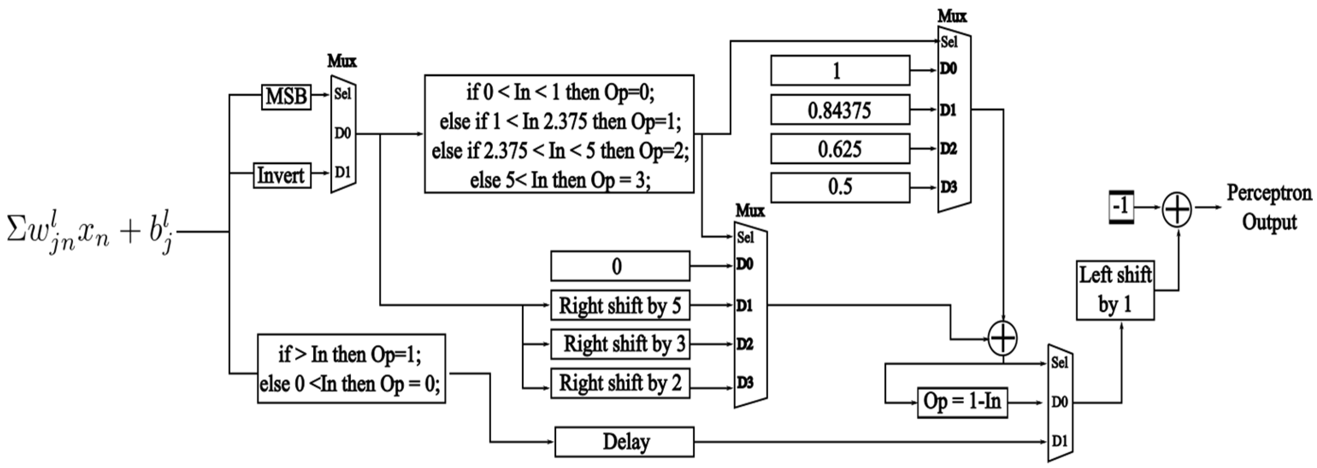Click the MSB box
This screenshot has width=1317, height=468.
point(286,96)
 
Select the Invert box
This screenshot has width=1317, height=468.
point(282,175)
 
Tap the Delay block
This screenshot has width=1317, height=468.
point(624,442)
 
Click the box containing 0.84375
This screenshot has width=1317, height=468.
point(840,110)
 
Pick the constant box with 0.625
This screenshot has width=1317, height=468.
point(840,149)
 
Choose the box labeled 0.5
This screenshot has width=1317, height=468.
point(840,187)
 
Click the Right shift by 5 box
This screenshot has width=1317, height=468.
point(620,306)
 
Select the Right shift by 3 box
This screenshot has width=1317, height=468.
point(620,344)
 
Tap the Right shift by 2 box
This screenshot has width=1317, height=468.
point(620,383)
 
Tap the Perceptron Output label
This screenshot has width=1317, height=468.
point(1270,208)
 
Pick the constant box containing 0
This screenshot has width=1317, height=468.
point(620,266)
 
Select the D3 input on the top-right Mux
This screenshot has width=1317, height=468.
point(949,187)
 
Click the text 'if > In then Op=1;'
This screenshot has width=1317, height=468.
point(350,354)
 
